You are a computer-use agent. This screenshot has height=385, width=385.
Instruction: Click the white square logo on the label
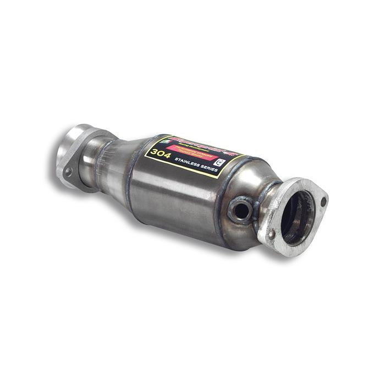pyautogui.click(x=221, y=163)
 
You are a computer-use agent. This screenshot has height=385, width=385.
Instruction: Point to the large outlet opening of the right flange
pyautogui.click(x=297, y=217)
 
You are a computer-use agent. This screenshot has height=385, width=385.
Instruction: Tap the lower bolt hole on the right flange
pyautogui.click(x=272, y=235)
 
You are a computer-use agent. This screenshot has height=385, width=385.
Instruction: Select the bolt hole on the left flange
pyautogui.click(x=68, y=172)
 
